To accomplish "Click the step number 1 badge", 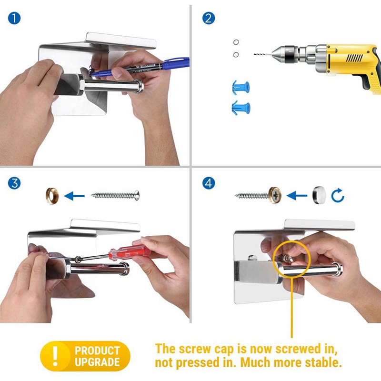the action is tap(14, 18).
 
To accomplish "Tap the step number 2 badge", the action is tap(209, 18).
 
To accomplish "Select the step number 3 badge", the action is tap(14, 183).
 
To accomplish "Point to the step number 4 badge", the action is tap(209, 183).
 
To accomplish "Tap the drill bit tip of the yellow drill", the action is tap(255, 54).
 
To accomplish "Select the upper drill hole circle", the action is tap(236, 42).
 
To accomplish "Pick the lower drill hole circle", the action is tap(236, 55).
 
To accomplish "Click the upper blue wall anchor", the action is tap(241, 87).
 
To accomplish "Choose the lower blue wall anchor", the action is tap(241, 108).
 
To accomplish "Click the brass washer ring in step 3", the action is tap(52, 196).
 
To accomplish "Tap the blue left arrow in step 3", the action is tap(74, 196).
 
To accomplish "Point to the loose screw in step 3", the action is tap(115, 195).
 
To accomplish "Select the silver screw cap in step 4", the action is tap(319, 195).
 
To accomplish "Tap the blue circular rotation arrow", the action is tap(338, 195).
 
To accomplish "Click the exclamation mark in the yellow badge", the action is tap(56, 356).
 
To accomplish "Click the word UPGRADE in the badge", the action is tap(97, 362).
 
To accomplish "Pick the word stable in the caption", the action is tap(323, 362).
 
